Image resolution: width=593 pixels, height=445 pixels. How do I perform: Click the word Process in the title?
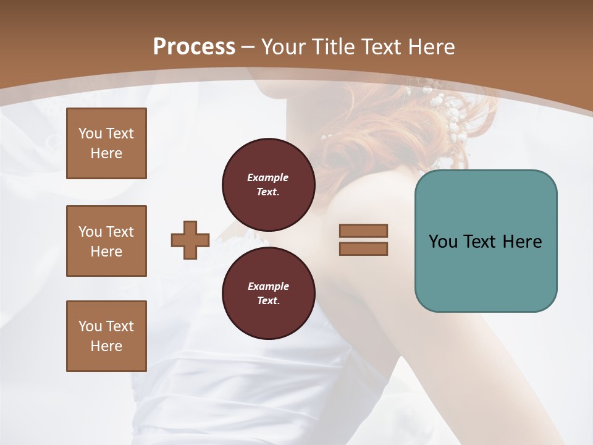[194, 47]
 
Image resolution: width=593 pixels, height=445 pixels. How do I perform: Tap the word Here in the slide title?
[431, 47]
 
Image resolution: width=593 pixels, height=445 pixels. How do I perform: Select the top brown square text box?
[106, 143]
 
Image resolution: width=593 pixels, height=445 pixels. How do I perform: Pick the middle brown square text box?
[106, 241]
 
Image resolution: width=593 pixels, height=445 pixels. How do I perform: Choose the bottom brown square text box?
[106, 336]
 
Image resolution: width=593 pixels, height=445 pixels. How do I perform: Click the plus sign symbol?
[190, 240]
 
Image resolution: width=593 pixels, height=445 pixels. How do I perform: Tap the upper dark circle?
[269, 185]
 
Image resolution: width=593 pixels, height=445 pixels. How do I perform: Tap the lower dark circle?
[269, 294]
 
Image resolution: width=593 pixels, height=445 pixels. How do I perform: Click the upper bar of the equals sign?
[363, 231]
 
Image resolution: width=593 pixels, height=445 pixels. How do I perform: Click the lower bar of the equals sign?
[363, 248]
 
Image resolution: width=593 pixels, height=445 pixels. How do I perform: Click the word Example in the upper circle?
[267, 177]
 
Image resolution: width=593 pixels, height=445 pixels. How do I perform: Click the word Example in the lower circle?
[268, 286]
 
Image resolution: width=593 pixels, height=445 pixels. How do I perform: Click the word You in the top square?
[90, 133]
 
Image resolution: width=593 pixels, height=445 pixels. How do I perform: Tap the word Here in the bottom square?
[106, 346]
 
